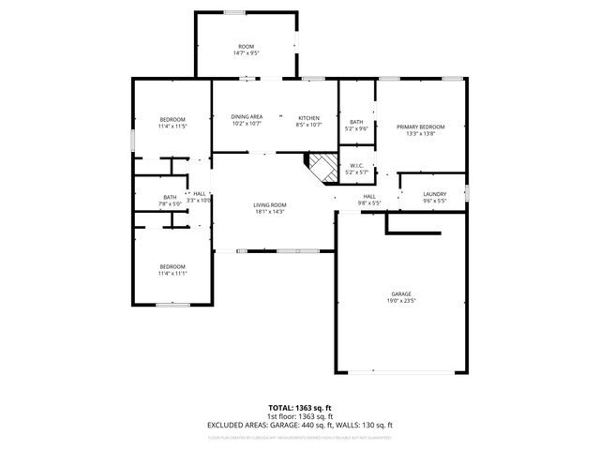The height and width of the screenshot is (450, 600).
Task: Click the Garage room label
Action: [x=400, y=294]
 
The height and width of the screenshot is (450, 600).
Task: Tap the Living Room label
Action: [x=269, y=204]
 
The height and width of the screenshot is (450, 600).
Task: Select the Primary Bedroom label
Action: [x=419, y=127]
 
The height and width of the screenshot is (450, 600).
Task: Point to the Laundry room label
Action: [x=434, y=194]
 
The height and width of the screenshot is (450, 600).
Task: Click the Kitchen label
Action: [x=309, y=117]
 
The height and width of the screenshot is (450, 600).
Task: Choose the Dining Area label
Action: [x=247, y=117]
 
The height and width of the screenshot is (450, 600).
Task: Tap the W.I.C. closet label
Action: [x=356, y=166]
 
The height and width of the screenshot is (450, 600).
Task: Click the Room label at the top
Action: [x=246, y=47]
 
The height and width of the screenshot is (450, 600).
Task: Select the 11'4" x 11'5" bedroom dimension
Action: [x=172, y=127]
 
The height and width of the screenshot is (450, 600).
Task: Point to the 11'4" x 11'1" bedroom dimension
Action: [x=172, y=273]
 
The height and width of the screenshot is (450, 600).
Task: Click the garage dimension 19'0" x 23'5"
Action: [x=400, y=301]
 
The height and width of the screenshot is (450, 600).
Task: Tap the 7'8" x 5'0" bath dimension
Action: [x=170, y=203]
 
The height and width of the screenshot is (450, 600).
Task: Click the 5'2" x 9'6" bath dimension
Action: [x=356, y=128]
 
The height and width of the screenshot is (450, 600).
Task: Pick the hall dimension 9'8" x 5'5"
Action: [x=368, y=202]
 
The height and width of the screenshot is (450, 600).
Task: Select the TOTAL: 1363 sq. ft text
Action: [x=300, y=409]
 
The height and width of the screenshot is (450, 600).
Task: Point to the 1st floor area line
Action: [x=300, y=416]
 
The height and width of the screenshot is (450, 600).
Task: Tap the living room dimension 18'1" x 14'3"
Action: [x=269, y=212]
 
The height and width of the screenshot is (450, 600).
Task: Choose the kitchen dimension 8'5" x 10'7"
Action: [x=309, y=125]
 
